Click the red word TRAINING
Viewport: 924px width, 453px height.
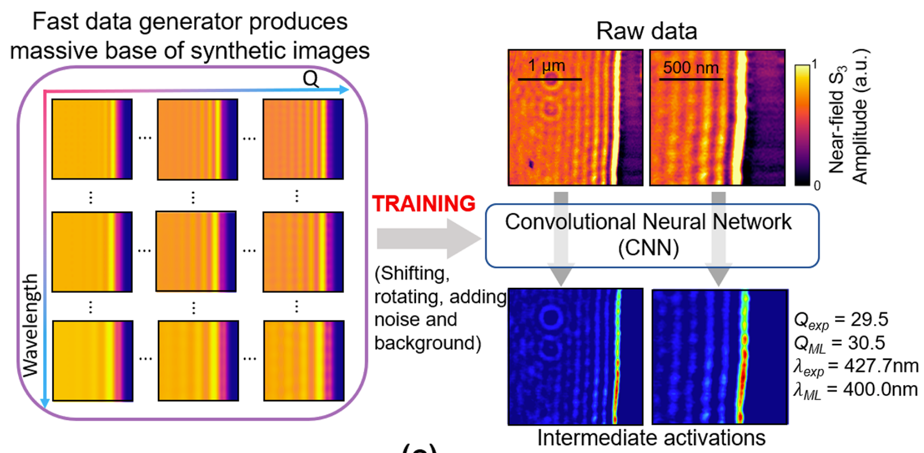pos(424,204)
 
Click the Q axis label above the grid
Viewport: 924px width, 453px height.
pos(310,79)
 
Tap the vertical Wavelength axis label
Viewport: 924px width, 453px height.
pos(30,325)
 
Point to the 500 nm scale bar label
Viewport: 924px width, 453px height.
pos(691,67)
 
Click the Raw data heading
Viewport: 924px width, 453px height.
pos(646,31)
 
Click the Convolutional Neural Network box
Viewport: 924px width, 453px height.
pos(652,235)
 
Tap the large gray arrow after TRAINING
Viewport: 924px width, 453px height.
pos(428,238)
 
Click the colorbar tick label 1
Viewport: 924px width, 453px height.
pos(814,64)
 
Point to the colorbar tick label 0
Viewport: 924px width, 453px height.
pos(817,186)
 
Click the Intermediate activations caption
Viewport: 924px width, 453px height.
pos(651,437)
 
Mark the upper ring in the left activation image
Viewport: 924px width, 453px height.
pos(551,317)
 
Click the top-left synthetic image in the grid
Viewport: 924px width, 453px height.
pos(92,139)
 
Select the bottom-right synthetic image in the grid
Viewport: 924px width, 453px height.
pos(304,360)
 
